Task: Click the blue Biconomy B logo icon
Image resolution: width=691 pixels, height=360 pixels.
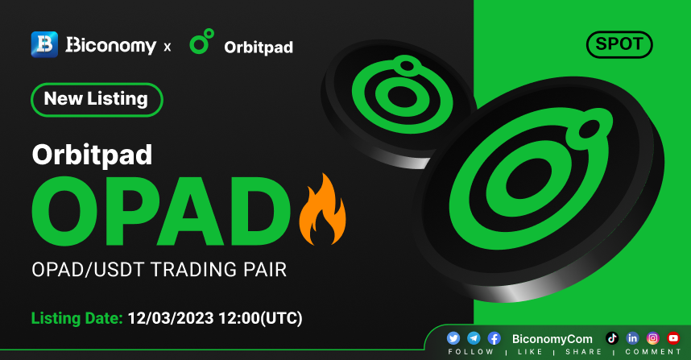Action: pyautogui.click(x=44, y=44)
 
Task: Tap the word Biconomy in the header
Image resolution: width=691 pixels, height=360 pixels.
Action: pyautogui.click(x=111, y=45)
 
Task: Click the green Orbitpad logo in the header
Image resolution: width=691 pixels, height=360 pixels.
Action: pyautogui.click(x=202, y=41)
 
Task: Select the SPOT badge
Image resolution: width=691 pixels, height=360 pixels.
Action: pyautogui.click(x=619, y=44)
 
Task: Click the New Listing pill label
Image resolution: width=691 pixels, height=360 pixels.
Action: pyautogui.click(x=97, y=99)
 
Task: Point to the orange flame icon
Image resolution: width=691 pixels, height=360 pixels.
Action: pyautogui.click(x=322, y=209)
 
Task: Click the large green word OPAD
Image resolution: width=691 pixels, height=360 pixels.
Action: pyautogui.click(x=161, y=211)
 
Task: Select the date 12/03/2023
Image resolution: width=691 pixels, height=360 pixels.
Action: pyautogui.click(x=171, y=318)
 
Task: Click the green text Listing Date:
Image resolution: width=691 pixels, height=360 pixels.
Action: pyautogui.click(x=77, y=318)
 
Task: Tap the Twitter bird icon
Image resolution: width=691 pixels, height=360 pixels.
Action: pyautogui.click(x=453, y=338)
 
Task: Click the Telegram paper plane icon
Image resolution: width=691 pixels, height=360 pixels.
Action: pyautogui.click(x=474, y=338)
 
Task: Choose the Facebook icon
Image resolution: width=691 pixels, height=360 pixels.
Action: pyautogui.click(x=494, y=338)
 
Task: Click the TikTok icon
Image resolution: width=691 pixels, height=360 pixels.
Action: pyautogui.click(x=612, y=338)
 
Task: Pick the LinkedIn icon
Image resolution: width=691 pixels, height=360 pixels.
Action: pyautogui.click(x=632, y=338)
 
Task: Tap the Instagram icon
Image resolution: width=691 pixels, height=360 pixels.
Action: pyautogui.click(x=653, y=338)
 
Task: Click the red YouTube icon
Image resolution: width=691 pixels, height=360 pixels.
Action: pyautogui.click(x=673, y=338)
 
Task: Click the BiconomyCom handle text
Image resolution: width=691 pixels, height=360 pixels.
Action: pyautogui.click(x=552, y=339)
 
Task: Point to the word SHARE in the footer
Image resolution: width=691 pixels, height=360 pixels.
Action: pyautogui.click(x=584, y=352)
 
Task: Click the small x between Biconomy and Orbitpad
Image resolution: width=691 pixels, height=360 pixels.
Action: pyautogui.click(x=168, y=48)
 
